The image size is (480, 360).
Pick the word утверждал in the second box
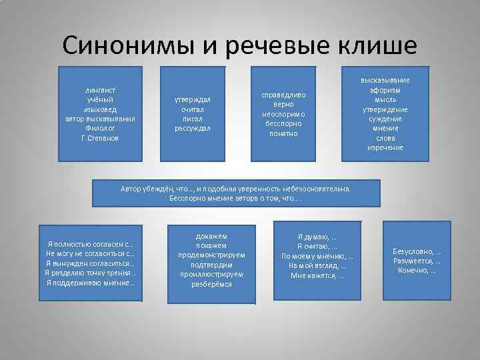pyautogui.click(x=192, y=99)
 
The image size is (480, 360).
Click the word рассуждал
pyautogui.click(x=192, y=128)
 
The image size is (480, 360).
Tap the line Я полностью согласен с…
pyautogui.click(x=90, y=244)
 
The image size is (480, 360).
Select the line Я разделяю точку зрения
pyautogui.click(x=90, y=273)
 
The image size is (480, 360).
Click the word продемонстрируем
pyautogui.click(x=211, y=255)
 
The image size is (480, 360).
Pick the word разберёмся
pyautogui.click(x=211, y=284)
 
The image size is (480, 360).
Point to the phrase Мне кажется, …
pyautogui.click(x=317, y=275)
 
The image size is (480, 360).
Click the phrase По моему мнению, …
pyautogui.click(x=317, y=256)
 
